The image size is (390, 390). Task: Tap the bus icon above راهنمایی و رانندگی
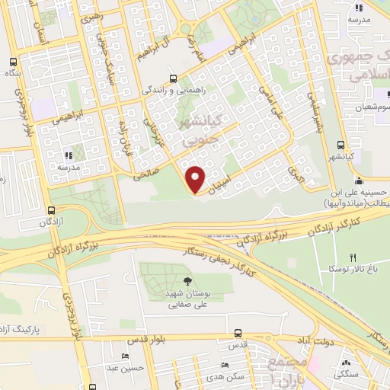point(174,78)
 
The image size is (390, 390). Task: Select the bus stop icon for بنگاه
point(12,63)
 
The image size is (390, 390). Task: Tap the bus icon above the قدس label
point(238,334)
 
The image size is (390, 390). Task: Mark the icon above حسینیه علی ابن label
point(357,182)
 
